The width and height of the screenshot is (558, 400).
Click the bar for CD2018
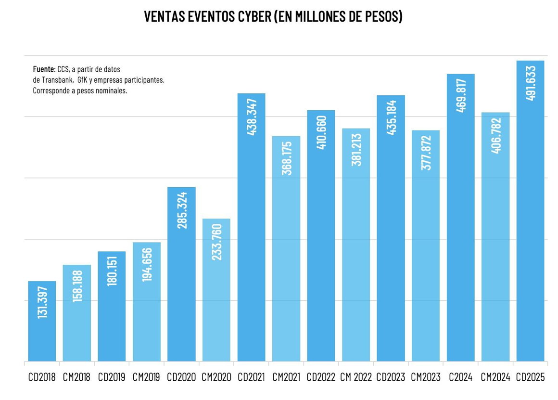42,321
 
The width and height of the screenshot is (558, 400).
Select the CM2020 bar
216,290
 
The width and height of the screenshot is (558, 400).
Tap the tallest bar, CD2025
530,211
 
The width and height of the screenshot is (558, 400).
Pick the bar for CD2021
251,227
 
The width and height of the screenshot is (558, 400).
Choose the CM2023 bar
426,246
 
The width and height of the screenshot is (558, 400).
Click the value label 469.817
461,95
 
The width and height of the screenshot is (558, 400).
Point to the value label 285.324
182,210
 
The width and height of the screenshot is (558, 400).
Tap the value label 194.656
147,265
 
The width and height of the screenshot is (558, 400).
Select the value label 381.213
356,150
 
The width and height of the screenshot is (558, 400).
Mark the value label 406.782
496,135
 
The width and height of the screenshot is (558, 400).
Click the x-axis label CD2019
112,377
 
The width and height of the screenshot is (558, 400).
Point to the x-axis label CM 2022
356,377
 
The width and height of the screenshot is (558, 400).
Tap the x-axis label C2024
460,377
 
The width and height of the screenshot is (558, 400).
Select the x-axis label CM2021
286,377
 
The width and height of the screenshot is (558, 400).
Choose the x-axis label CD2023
391,377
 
